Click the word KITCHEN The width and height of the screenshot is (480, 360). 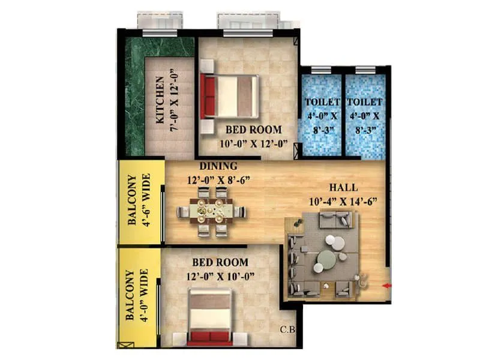click(160, 99)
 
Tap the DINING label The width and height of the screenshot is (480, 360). click(218, 166)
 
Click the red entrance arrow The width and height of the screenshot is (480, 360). click(388, 286)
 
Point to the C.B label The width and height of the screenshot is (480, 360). click(288, 329)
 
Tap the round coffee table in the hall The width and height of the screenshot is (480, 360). click(327, 260)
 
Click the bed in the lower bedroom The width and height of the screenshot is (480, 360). click(209, 317)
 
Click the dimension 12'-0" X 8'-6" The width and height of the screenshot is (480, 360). click(218, 179)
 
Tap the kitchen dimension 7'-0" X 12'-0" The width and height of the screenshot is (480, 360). click(173, 99)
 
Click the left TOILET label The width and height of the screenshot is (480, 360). click(322, 103)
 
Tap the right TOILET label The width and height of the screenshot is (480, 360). click(364, 103)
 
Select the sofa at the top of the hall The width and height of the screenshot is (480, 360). click(334, 220)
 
